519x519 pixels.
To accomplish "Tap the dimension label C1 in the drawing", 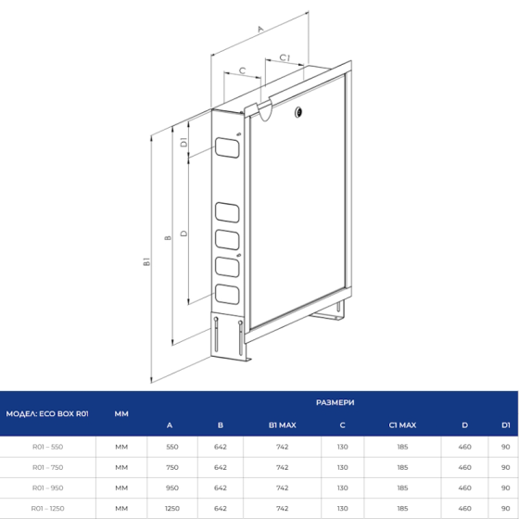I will point(285,58).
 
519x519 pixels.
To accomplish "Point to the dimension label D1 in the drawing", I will point(184,143).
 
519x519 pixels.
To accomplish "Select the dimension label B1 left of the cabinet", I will point(146,264).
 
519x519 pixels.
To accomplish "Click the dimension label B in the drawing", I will point(167,238).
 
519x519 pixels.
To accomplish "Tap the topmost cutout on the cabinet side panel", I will point(226,146).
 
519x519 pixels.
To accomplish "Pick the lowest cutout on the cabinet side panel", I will point(226,297).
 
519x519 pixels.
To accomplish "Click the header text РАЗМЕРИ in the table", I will point(334,403).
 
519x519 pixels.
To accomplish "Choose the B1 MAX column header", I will point(281,424).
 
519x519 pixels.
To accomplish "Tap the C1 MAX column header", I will point(402,424).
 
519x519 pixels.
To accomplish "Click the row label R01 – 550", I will point(48,446).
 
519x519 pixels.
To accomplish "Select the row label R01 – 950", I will point(48,487).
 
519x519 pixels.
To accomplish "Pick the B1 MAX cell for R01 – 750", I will point(281,467).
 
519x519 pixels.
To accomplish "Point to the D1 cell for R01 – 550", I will point(506,446).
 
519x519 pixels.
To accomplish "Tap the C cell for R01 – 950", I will point(342,487).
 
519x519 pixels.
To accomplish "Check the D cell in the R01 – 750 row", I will point(464,467).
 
